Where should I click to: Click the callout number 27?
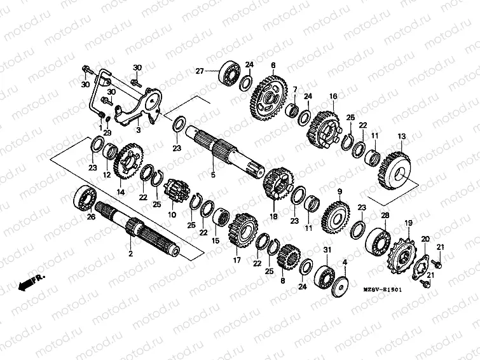[198, 71]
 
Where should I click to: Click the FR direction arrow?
[30, 282]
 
